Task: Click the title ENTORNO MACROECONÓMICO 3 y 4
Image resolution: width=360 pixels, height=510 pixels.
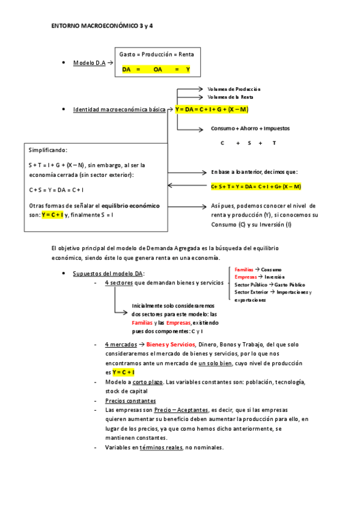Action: tap(103, 27)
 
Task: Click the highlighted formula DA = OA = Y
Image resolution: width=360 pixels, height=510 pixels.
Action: tap(156, 69)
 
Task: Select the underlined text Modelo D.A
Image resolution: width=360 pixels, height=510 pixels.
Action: tap(90, 63)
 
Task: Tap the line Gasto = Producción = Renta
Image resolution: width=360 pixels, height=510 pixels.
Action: tap(156, 54)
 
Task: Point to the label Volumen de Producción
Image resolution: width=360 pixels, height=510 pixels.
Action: tap(234, 89)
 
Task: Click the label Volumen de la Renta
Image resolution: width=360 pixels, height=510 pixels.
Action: tap(230, 97)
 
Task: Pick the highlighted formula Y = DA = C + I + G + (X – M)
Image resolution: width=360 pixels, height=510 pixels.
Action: tap(212, 109)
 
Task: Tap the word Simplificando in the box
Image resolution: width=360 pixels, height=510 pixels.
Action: tap(48, 150)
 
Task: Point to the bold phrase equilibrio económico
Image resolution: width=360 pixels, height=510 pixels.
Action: tap(130, 206)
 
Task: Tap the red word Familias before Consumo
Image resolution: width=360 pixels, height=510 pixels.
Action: tap(244, 269)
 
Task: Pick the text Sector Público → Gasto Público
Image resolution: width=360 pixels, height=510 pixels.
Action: tap(270, 284)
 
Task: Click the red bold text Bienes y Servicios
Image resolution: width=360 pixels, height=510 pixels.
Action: tap(171, 345)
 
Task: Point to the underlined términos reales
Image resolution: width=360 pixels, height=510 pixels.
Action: tap(160, 447)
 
